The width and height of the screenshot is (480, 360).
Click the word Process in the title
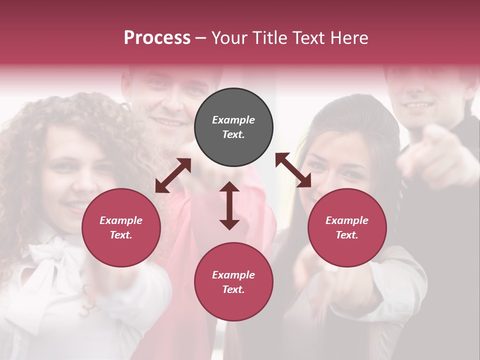157,38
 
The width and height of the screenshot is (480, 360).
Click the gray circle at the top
233,127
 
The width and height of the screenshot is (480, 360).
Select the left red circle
121,227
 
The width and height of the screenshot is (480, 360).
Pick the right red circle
347,227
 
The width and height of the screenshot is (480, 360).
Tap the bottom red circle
233,281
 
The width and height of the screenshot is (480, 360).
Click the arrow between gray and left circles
173,175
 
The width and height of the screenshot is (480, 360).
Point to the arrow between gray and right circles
293,170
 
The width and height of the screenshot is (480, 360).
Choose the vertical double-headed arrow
229,205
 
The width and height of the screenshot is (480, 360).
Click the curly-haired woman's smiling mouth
75,205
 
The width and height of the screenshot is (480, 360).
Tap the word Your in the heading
228,38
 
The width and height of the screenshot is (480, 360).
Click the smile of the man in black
418,105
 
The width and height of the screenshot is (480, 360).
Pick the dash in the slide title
200,38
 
